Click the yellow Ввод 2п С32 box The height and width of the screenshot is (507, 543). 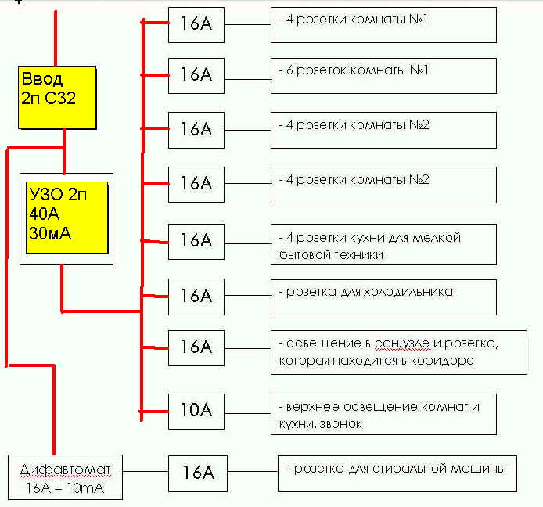point(57,97)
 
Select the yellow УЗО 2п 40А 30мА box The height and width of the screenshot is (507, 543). point(67,218)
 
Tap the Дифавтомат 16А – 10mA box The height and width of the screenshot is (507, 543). point(65,477)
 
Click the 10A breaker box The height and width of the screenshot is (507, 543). point(196,412)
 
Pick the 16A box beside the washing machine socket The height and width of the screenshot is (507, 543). point(198,474)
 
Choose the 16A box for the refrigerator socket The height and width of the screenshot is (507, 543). point(196,297)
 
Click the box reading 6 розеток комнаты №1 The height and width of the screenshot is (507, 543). point(383,76)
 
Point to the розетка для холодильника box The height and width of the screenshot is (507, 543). point(383,297)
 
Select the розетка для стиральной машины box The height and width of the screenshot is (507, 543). point(397,474)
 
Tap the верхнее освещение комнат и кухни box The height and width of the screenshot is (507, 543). point(383,414)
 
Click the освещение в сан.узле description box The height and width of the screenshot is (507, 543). point(399,353)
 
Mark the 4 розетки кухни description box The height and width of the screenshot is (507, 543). point(383,244)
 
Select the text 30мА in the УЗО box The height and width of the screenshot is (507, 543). point(50,233)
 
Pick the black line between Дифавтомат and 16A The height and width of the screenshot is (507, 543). point(146,471)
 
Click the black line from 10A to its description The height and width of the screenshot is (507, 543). point(247,413)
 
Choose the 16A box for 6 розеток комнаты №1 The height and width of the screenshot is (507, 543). point(196,76)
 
